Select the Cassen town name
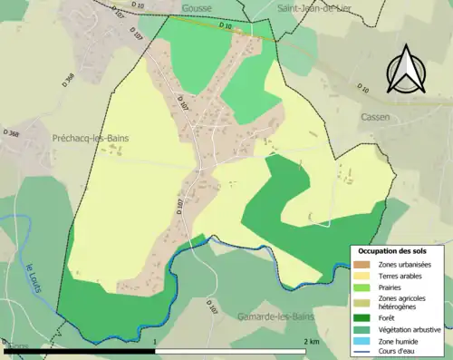click(399, 117)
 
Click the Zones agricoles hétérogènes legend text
click(406, 303)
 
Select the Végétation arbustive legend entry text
click(412, 329)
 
